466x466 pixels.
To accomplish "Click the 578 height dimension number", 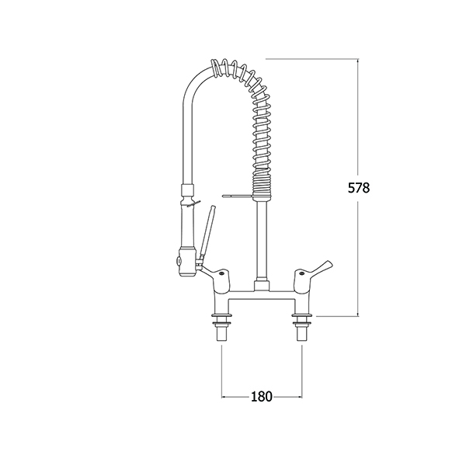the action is [x=359, y=188].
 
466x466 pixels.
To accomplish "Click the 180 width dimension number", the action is [x=262, y=396].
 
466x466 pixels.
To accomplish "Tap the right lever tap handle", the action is [x=312, y=268].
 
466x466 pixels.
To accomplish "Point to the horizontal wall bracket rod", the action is [x=238, y=196].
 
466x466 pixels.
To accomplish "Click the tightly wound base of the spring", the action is [x=262, y=183].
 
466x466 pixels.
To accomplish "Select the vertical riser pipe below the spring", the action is [x=262, y=242].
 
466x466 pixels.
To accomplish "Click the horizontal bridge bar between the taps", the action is [x=263, y=294].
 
